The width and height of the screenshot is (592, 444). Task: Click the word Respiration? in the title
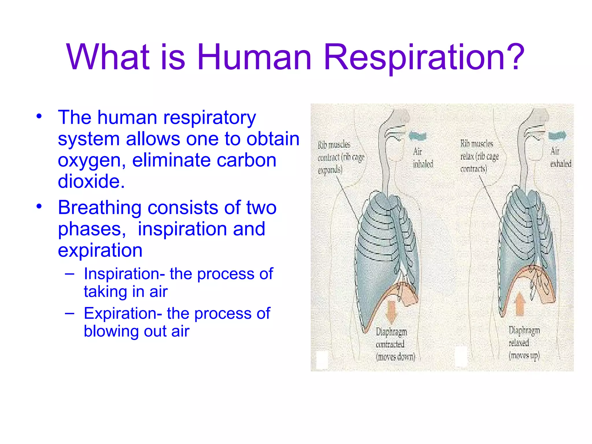[x=424, y=57]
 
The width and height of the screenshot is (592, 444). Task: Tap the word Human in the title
[x=254, y=57]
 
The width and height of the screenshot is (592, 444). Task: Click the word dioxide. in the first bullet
[x=91, y=182]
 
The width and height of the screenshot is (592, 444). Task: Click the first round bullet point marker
[x=39, y=116]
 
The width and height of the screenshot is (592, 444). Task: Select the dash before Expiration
[x=69, y=313]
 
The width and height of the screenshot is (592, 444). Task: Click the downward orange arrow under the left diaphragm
[x=391, y=312]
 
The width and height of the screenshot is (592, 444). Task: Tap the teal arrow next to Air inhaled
[x=418, y=136]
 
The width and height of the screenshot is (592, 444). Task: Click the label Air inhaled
[x=422, y=158]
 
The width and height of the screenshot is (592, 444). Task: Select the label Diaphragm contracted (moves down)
[x=395, y=344]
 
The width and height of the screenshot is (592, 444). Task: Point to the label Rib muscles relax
[x=479, y=156]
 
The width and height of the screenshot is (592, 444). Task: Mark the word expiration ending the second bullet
[x=100, y=250]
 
